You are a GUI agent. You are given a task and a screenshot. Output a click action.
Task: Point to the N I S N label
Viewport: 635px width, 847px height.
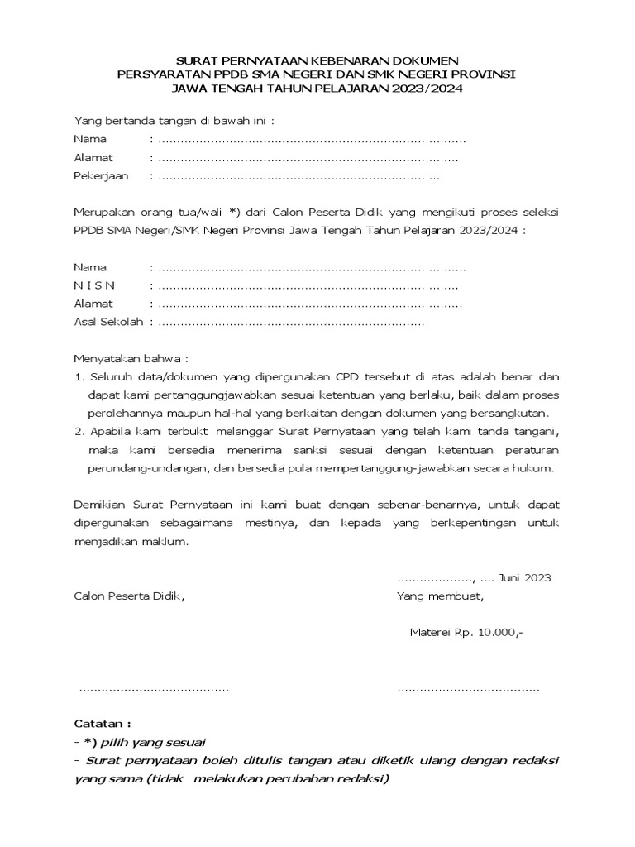pyautogui.click(x=95, y=285)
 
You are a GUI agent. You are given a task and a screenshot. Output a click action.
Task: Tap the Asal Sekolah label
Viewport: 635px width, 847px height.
pyautogui.click(x=108, y=322)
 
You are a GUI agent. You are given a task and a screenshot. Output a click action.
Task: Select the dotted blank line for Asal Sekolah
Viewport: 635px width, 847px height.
pyautogui.click(x=293, y=323)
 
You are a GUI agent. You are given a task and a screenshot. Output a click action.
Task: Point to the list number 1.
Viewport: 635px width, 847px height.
pyautogui.click(x=79, y=377)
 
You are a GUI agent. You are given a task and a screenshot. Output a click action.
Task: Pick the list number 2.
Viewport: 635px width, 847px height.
pyautogui.click(x=79, y=432)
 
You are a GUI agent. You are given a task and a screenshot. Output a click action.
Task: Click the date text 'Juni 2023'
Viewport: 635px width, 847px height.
pyautogui.click(x=525, y=577)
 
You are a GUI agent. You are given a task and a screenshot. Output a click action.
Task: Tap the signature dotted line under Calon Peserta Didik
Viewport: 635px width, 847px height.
pyautogui.click(x=153, y=688)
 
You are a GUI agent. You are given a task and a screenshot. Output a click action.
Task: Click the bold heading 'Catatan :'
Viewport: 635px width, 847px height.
pyautogui.click(x=102, y=723)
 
